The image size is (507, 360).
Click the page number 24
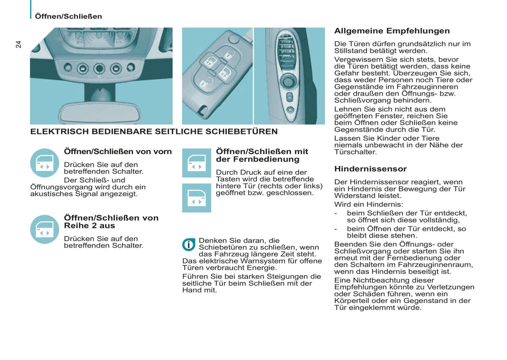18,44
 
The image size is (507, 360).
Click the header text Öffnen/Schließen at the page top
68,16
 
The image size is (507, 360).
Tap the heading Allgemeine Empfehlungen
392,31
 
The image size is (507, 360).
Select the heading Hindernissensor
370,169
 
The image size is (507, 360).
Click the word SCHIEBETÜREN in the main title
241,132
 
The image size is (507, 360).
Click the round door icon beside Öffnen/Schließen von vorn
45,163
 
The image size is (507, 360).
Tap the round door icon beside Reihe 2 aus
45,229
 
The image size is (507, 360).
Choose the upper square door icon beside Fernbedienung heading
196,163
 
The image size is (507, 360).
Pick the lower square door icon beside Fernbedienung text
196,198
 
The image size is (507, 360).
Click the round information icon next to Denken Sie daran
189,245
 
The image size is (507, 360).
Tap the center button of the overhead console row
99,68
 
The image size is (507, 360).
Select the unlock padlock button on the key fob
229,54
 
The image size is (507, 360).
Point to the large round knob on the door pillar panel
288,81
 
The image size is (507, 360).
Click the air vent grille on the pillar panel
286,52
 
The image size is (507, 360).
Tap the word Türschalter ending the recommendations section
355,152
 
